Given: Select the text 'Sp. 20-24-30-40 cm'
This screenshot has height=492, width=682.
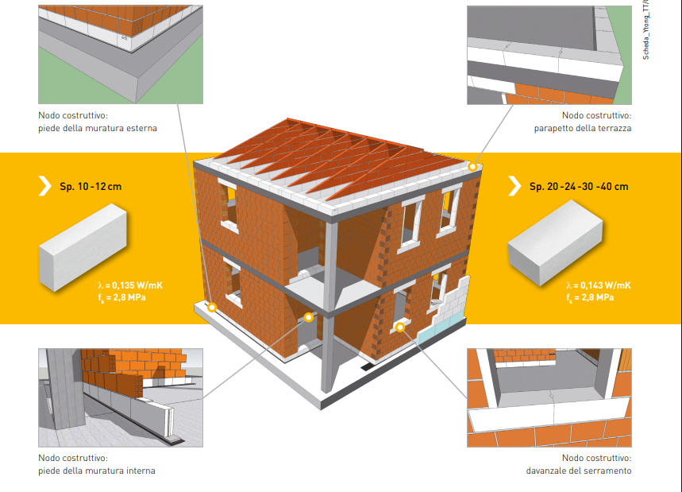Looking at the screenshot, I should tap(578, 187).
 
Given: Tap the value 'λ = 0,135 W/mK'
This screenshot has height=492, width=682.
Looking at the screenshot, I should tap(130, 285).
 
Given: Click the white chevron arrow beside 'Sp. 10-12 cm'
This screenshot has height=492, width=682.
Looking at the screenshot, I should tap(44, 187).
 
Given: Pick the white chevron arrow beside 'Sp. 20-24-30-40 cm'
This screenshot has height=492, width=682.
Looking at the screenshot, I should tap(514, 187).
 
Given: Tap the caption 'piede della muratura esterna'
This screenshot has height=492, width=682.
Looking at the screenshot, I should tap(98, 128).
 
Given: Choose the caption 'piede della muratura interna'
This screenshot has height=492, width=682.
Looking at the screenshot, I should tap(97, 471).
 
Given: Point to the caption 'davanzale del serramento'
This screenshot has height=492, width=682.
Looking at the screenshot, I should tap(578, 471).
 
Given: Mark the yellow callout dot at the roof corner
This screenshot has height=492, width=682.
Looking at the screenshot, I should tap(472, 167).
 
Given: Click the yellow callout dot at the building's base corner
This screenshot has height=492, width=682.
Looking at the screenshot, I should tap(213, 306).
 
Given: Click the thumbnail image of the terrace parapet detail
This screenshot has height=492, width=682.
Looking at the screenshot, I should tap(549, 55).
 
